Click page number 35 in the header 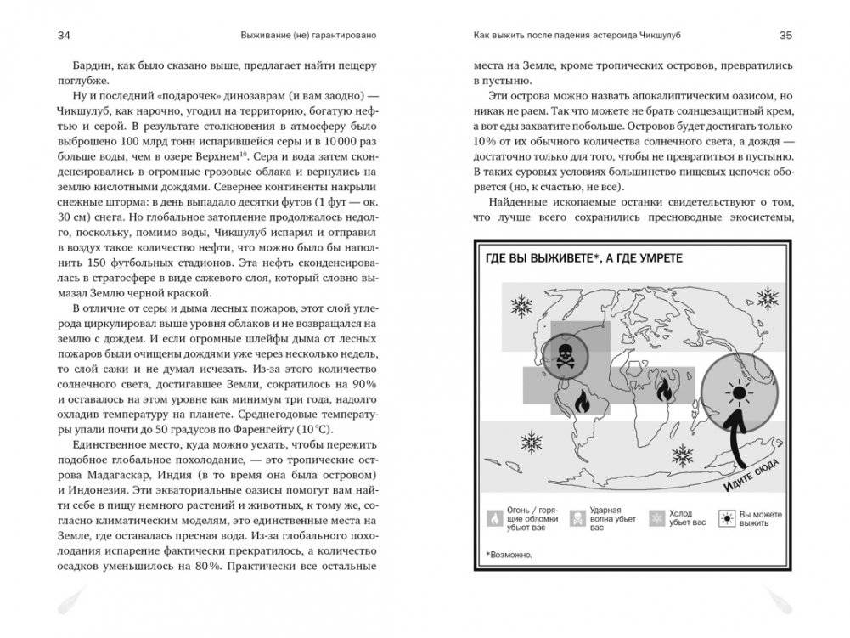[x=785, y=36]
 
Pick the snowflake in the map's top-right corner [x=768, y=296]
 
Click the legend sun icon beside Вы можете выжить [x=726, y=519]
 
